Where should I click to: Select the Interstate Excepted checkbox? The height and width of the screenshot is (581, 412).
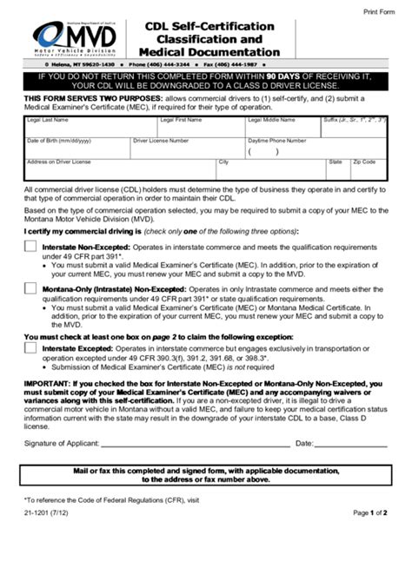[x=30, y=351]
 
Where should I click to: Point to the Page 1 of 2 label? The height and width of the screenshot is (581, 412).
[x=369, y=514]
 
